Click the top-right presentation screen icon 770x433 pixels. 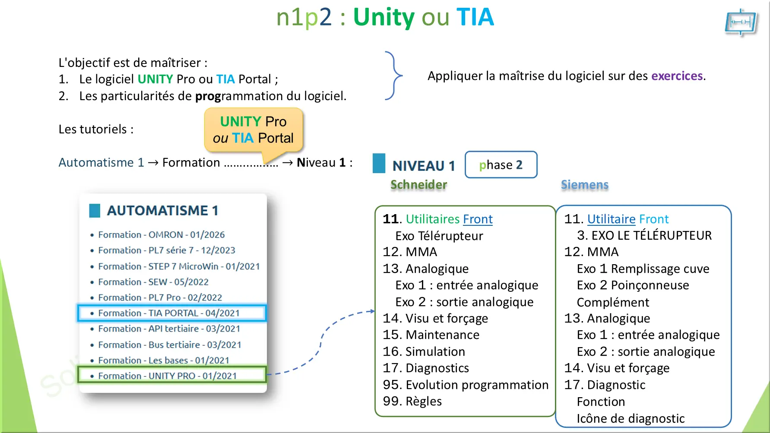point(741,22)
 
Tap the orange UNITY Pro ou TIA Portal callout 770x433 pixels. point(253,130)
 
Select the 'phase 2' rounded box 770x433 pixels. point(501,164)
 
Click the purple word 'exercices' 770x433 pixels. point(677,76)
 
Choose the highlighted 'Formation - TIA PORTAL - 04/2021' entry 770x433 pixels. point(168,313)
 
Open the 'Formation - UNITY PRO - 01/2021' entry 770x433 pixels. point(167,376)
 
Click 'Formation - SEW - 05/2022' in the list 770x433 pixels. point(153,282)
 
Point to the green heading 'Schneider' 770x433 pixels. point(418,185)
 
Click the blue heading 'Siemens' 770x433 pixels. point(584,185)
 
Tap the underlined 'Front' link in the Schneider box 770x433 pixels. point(478,219)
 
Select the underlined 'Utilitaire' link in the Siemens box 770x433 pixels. point(611,219)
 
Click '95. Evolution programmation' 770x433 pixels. point(466,385)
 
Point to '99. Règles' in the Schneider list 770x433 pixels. point(412,401)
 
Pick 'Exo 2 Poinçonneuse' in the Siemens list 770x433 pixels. point(633,285)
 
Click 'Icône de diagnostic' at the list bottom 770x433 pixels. point(631,418)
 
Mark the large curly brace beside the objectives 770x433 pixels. point(393,76)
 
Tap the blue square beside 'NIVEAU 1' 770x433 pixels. point(379,164)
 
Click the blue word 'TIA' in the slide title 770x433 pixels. point(475,17)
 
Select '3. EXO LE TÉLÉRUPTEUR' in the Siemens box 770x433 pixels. point(644,236)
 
